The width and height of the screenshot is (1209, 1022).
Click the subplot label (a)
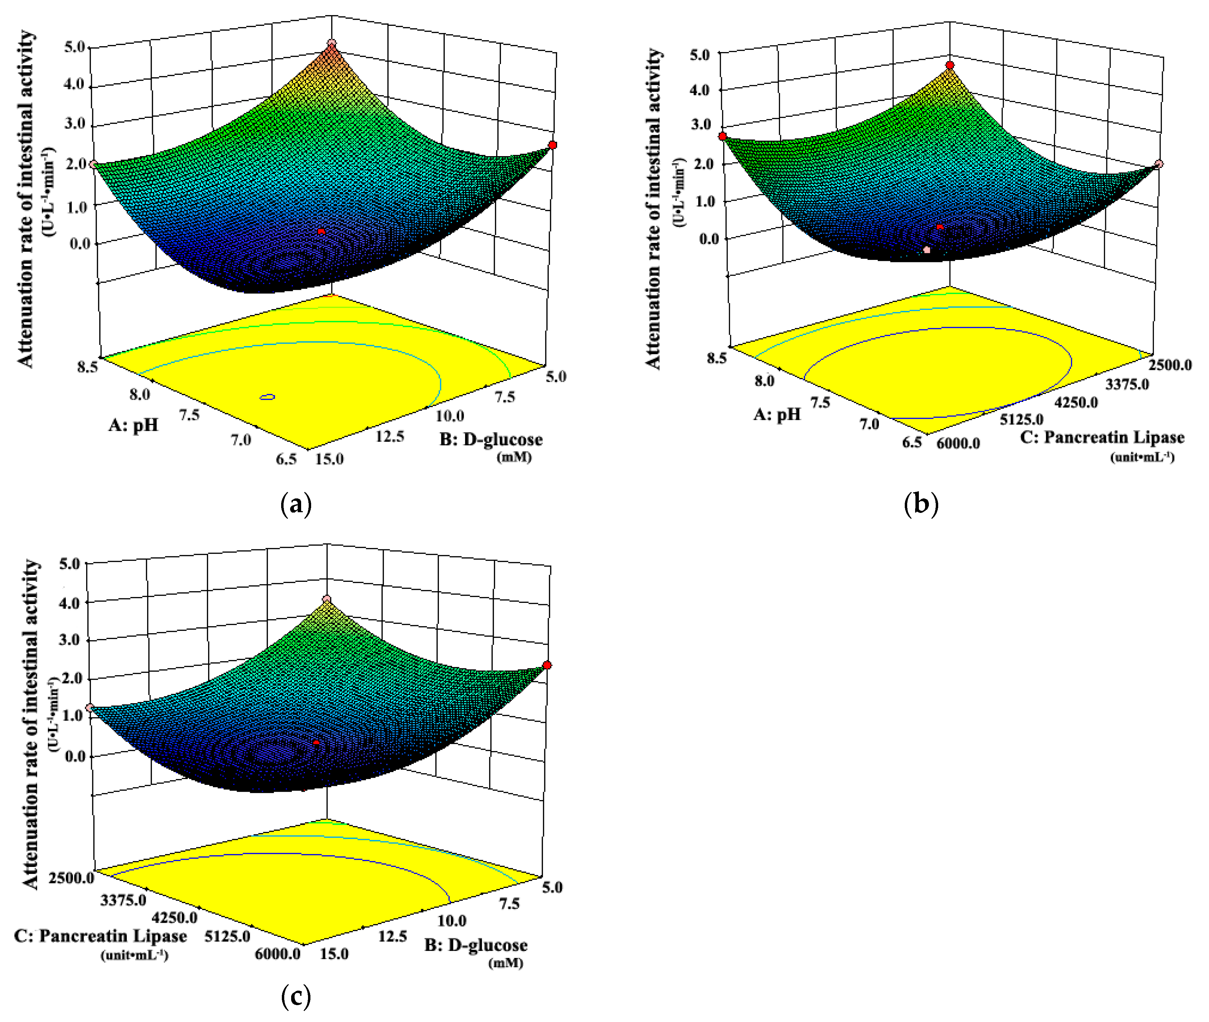[296, 504]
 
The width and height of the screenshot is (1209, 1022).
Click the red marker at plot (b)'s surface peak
[950, 65]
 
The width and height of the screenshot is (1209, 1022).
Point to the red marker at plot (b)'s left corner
[722, 136]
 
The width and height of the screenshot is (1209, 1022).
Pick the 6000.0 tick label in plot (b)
[958, 443]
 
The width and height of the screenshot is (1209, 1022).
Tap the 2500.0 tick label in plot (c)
[71, 878]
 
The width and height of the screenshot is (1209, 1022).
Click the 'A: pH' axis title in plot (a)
[133, 426]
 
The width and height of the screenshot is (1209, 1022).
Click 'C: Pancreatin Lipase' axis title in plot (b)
[1102, 437]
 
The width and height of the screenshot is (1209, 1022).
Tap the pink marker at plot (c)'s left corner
[89, 707]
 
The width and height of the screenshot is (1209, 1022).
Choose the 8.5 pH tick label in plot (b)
[716, 358]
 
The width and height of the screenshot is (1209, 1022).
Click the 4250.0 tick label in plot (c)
[174, 918]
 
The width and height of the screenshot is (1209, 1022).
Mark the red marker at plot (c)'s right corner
[547, 665]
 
